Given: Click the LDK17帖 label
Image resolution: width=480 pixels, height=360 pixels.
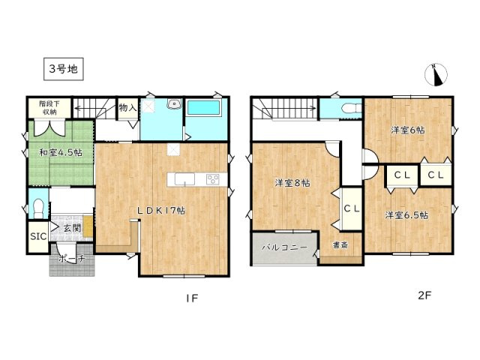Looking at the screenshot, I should [x=160, y=211].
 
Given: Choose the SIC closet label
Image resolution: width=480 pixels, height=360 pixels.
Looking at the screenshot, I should [x=37, y=235].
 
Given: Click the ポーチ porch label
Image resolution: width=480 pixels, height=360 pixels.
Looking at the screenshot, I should [x=73, y=259].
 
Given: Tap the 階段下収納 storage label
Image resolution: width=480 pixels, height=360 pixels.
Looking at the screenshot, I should [x=49, y=108].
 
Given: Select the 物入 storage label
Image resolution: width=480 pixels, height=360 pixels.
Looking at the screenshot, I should [x=127, y=108].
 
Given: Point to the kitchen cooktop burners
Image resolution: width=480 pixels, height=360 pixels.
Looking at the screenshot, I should [x=211, y=178].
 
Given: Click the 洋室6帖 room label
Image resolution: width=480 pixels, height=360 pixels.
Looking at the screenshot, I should [x=407, y=130].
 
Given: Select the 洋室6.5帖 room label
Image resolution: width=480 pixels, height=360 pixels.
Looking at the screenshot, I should [x=406, y=215].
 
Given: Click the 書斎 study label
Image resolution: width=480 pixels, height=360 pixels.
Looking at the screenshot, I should [x=339, y=245].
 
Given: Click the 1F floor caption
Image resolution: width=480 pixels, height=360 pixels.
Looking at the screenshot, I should [x=191, y=298].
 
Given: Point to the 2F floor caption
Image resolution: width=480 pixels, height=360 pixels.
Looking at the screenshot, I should [x=425, y=295].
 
